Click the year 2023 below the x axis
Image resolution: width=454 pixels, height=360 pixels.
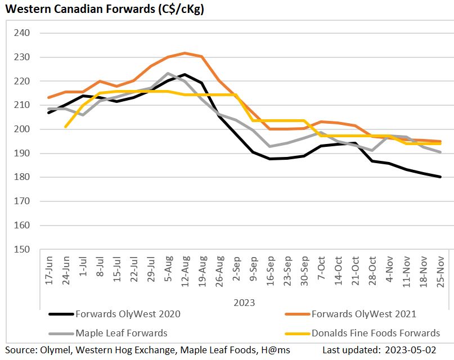[245, 303]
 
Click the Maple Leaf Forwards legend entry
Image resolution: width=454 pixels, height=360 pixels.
[121, 333]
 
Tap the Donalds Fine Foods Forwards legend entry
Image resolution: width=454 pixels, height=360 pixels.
[375, 333]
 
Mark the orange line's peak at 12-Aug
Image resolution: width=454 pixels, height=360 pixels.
[185, 53]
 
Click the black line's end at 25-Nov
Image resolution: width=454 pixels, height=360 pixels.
[440, 177]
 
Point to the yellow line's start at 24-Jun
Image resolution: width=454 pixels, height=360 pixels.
[66, 127]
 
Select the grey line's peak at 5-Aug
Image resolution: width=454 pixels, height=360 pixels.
[168, 74]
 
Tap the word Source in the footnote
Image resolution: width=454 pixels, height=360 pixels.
[19, 350]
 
